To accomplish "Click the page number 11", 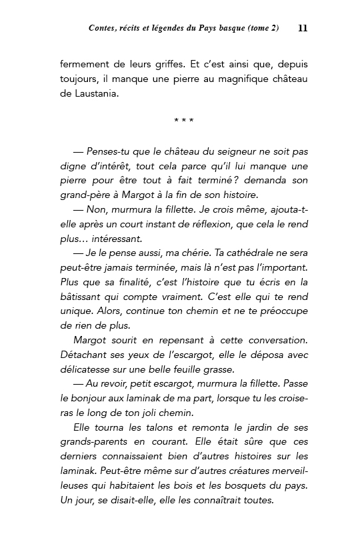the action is (x=303, y=28).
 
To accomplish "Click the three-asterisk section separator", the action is (x=183, y=121).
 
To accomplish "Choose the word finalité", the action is (x=127, y=283).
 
